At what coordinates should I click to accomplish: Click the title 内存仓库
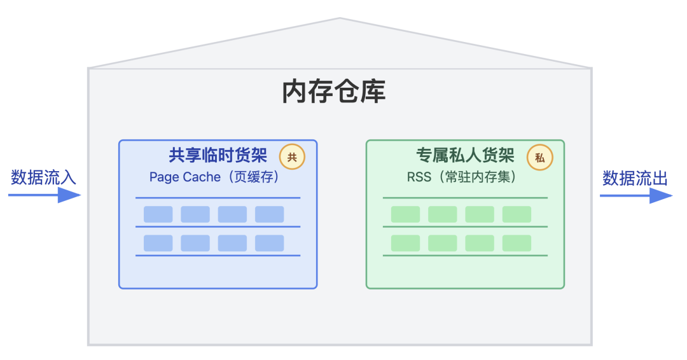pos(334,92)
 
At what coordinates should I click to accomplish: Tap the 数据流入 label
pos(44,177)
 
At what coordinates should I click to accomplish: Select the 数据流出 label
pos(635,178)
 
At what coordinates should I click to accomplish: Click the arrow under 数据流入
pos(45,195)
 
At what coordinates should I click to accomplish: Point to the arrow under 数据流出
pos(636,195)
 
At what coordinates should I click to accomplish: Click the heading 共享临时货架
pos(218,155)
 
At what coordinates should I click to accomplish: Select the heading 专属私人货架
pos(465,155)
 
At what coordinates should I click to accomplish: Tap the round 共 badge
pos(292,157)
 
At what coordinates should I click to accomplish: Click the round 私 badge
pos(540,157)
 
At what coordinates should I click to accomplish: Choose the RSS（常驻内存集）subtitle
pos(462,177)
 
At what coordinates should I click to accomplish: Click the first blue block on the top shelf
pos(158,214)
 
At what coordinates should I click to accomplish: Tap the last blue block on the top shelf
pos(270,214)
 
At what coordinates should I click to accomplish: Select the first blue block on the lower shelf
pos(158,243)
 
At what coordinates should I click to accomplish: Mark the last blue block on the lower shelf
pos(270,243)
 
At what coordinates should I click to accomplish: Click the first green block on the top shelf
pos(405,214)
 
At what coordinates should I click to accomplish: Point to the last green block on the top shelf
pos(517,214)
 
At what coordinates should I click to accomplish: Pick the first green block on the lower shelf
pos(405,243)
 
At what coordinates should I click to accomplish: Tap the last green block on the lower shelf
pos(517,243)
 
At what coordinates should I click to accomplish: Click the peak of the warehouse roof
pos(340,19)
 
